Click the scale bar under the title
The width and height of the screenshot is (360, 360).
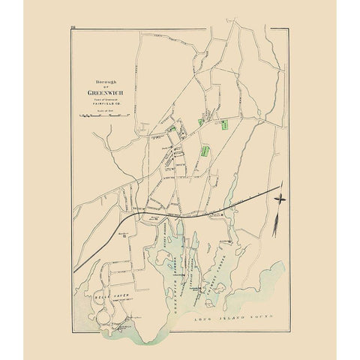(x=104, y=116)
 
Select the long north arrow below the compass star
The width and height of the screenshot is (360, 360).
(x=277, y=220)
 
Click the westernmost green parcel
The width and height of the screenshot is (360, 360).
(x=172, y=128)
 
